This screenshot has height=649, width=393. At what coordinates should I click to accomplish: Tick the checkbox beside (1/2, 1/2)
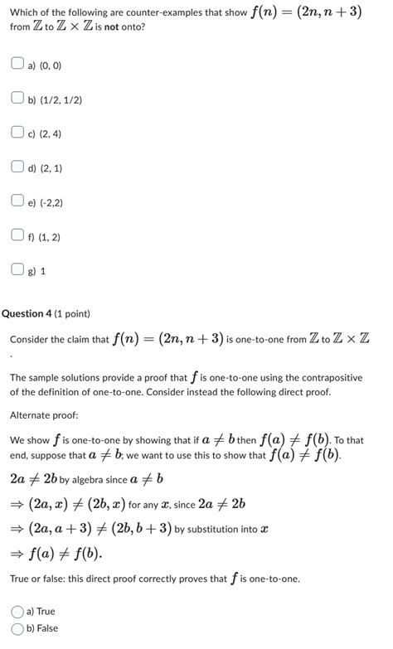pos(17,99)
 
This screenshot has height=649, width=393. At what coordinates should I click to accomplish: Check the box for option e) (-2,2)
pos(17,201)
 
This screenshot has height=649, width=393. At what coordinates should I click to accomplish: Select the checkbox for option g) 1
pos(17,269)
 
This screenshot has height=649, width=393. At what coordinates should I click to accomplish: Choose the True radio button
pos(17,611)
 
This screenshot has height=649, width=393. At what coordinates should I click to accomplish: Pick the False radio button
pos(17,628)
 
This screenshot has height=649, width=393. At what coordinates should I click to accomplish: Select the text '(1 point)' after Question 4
pos(72,313)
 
